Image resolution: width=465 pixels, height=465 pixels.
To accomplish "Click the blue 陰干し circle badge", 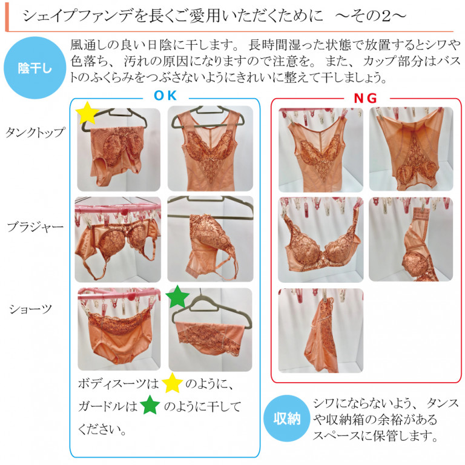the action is point(35,68).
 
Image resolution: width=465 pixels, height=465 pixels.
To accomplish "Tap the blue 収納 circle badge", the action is point(287,418).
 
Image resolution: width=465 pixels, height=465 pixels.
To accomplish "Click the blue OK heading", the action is point(165,96).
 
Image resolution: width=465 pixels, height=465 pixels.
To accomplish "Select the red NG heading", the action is point(365,98).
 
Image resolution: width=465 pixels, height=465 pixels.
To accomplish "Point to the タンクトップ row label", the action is point(35,132).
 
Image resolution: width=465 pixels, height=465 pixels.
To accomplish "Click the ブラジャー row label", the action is point(35,228).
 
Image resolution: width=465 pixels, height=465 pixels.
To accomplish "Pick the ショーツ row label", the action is point(30,309).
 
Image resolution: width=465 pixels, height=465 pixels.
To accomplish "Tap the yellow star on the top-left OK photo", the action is point(87,113).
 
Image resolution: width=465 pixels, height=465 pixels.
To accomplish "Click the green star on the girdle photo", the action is point(177,297).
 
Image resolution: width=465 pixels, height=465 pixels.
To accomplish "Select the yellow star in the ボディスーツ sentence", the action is point(172,383).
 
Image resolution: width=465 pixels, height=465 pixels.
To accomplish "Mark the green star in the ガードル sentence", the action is point(150,405).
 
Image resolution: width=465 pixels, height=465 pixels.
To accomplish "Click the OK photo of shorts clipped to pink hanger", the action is point(119,329).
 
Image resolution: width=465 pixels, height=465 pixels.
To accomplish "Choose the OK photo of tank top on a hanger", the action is point(210,148).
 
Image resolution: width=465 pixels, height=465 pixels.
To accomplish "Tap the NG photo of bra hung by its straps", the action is point(320,240).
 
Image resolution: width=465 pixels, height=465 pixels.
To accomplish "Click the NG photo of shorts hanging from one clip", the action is point(320,331).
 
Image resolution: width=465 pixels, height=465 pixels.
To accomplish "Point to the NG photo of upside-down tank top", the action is point(411,149).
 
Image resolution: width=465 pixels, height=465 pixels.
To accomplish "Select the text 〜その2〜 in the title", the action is point(371,15).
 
